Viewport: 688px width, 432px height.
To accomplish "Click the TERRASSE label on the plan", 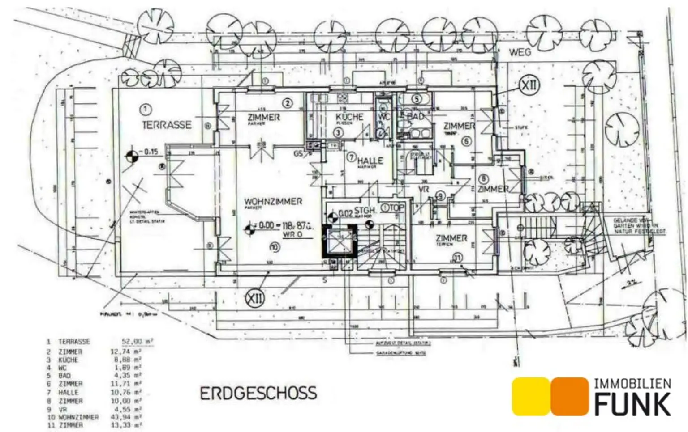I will pyautogui.click(x=167, y=125).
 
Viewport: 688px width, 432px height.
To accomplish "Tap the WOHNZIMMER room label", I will pyautogui.click(x=273, y=202).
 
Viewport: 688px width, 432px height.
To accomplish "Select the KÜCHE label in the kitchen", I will pyautogui.click(x=350, y=117).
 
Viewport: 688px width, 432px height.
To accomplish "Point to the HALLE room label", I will pyautogui.click(x=370, y=161).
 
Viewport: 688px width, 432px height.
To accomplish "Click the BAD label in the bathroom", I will pyautogui.click(x=415, y=116).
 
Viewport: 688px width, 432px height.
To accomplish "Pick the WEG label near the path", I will pyautogui.click(x=520, y=52).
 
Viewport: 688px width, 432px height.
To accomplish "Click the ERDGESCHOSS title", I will pyautogui.click(x=258, y=394).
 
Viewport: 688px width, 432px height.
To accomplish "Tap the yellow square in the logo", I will pyautogui.click(x=530, y=396).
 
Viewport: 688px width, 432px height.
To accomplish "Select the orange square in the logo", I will pyautogui.click(x=569, y=396).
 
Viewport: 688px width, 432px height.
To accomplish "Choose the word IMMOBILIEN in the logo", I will pyautogui.click(x=632, y=384).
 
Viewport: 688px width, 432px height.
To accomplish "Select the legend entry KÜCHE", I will pyautogui.click(x=68, y=360).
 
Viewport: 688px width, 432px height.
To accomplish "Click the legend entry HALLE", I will pyautogui.click(x=68, y=392).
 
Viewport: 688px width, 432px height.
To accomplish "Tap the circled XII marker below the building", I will pyautogui.click(x=255, y=298).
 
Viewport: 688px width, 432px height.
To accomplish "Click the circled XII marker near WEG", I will pyautogui.click(x=529, y=85).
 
